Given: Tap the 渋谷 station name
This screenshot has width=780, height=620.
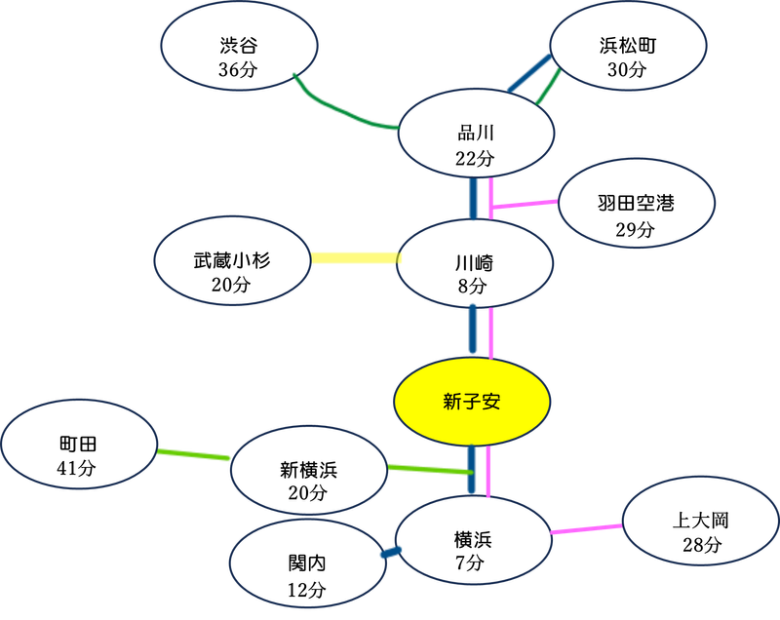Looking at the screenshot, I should pyautogui.click(x=238, y=45).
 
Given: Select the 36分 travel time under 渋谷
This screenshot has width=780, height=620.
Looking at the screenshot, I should pyautogui.click(x=238, y=69).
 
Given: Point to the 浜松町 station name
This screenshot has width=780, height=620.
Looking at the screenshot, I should pyautogui.click(x=626, y=45).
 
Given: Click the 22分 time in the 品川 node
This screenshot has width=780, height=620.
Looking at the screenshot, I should pyautogui.click(x=476, y=158).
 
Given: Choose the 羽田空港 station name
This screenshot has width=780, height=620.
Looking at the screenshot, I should pyautogui.click(x=636, y=204).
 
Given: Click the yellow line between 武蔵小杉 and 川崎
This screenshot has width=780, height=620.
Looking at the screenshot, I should pyautogui.click(x=354, y=258).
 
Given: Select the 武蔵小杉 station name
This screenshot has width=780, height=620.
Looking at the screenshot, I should pyautogui.click(x=231, y=260).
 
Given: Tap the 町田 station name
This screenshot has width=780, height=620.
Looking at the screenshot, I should pyautogui.click(x=78, y=445).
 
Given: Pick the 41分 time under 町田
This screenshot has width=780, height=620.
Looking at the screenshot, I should pyautogui.click(x=78, y=468).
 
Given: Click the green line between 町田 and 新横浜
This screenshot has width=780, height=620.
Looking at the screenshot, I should pyautogui.click(x=194, y=454).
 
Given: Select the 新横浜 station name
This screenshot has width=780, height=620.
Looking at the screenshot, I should pyautogui.click(x=308, y=469).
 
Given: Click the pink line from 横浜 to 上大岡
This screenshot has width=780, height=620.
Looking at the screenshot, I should pyautogui.click(x=586, y=529).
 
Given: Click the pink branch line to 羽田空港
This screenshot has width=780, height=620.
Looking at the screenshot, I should pyautogui.click(x=526, y=204).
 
